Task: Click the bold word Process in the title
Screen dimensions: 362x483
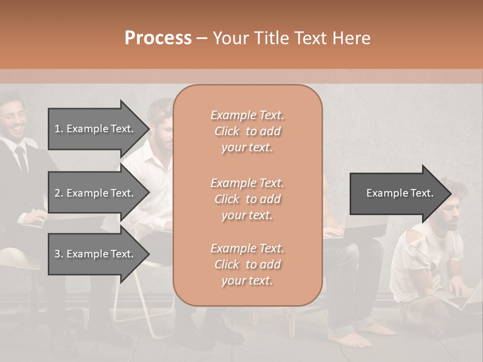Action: coord(158,38)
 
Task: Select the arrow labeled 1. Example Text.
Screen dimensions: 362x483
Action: coord(96,129)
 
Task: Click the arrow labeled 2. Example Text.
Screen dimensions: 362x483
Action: coord(96,193)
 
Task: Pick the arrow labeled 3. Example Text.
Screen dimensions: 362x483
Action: coord(96,254)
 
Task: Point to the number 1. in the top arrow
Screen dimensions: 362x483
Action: coord(59,129)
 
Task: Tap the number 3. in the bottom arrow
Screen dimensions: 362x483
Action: coord(59,254)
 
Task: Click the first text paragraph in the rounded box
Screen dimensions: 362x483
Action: coord(247,131)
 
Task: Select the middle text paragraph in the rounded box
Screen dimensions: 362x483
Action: coord(247,199)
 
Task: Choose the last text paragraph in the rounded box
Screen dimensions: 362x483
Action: coord(247,264)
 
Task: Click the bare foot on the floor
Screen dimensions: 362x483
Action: coord(373,331)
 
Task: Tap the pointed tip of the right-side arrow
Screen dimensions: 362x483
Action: coord(450,193)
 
